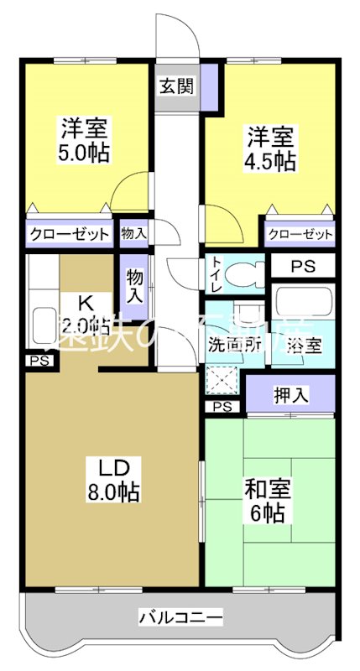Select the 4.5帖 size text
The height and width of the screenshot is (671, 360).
point(271,161)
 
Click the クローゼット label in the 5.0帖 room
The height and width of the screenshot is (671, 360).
point(70,233)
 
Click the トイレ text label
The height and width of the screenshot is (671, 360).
point(216,273)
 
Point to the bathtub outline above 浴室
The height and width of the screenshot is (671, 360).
point(302,304)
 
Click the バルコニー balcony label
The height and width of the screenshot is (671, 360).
point(180,619)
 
